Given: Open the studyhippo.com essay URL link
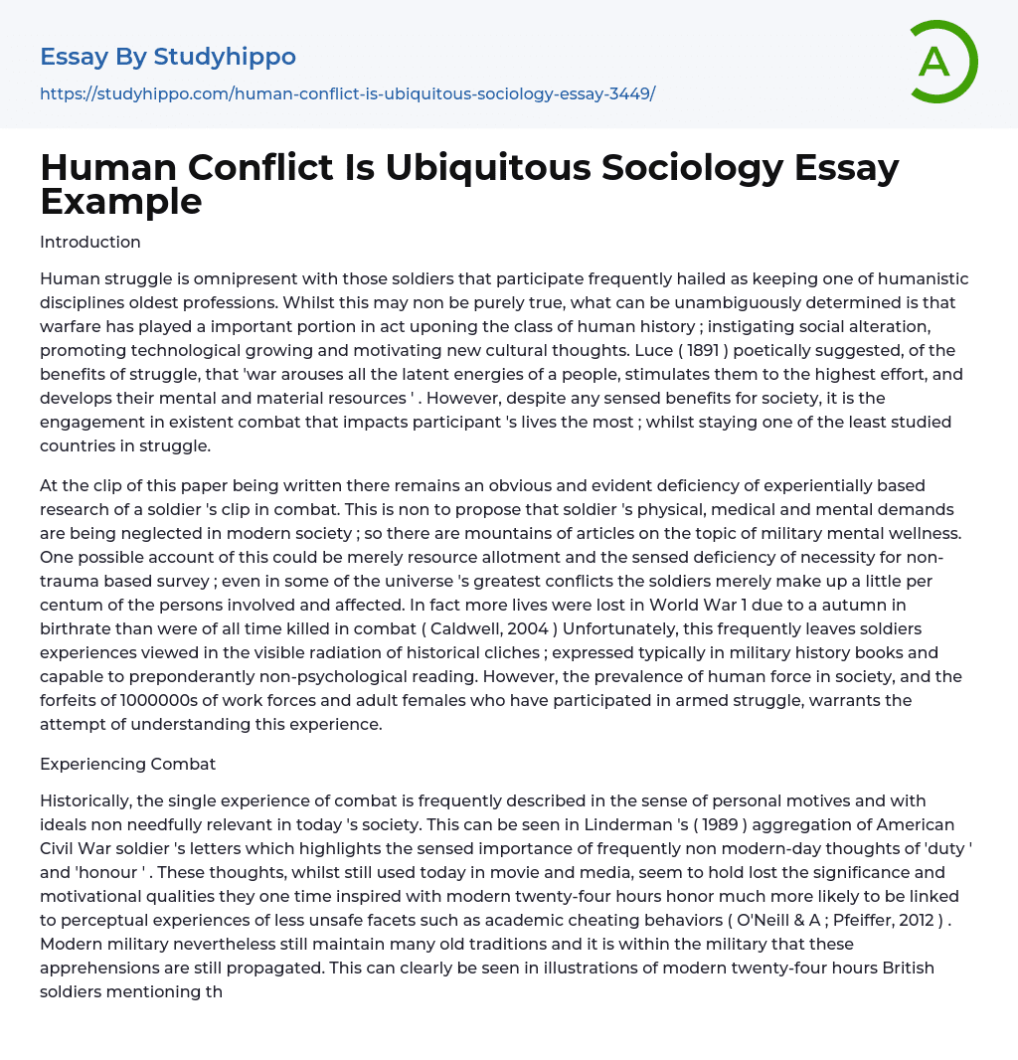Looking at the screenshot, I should coord(347,94).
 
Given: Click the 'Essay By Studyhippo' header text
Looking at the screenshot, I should coord(168,57).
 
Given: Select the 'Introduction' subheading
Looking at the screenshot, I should coord(90,242).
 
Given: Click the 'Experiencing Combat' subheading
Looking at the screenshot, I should coord(128,764).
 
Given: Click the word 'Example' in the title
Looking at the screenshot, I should coord(121,202).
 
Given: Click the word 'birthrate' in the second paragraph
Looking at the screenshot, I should coord(78,628).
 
